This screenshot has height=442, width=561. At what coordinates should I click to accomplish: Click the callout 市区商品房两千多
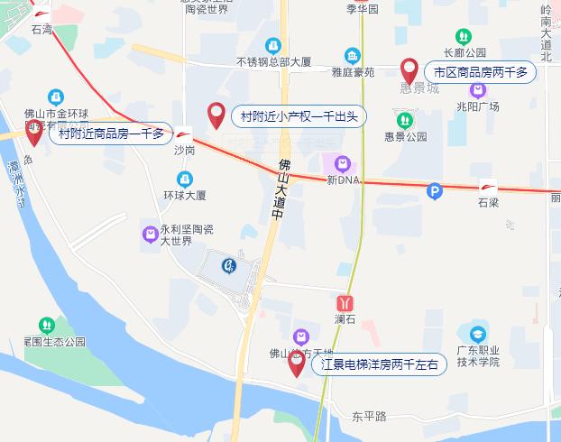pyautogui.click(x=480, y=71)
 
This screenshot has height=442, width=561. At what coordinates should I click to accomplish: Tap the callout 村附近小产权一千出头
pyautogui.click(x=299, y=115)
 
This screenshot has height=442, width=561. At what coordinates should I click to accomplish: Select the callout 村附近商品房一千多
pyautogui.click(x=111, y=134)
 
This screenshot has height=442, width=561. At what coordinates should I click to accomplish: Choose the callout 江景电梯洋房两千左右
pyautogui.click(x=380, y=365)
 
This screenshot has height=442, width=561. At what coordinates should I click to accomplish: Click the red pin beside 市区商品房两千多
pyautogui.click(x=409, y=69)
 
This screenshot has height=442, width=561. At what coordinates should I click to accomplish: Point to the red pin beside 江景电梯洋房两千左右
pyautogui.click(x=297, y=364)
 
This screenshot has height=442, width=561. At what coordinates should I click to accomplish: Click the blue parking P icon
pyautogui.click(x=435, y=190)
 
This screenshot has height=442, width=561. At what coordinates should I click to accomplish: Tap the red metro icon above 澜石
pyautogui.click(x=345, y=303)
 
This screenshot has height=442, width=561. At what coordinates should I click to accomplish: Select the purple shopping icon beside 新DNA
pyautogui.click(x=343, y=164)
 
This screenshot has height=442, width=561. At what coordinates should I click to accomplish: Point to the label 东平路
pyautogui.click(x=369, y=416)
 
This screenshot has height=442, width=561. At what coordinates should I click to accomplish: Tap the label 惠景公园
pyautogui.click(x=406, y=137)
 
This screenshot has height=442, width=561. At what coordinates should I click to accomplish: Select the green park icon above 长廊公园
pyautogui.click(x=463, y=36)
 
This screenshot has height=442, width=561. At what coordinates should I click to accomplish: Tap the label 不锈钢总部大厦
pyautogui.click(x=274, y=62)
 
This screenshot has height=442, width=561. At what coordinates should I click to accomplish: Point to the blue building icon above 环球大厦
pyautogui.click(x=185, y=179)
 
